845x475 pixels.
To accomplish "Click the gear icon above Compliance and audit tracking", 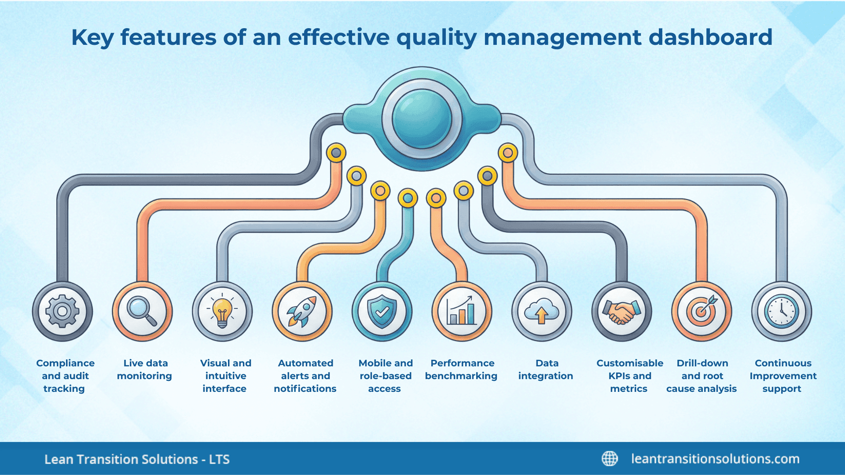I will coord(62,311).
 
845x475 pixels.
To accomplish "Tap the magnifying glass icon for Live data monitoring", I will coord(142,311).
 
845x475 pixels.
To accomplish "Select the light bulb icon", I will coord(222,311).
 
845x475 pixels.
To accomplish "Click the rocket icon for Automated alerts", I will coord(302,311).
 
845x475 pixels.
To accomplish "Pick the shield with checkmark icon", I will coord(382,311).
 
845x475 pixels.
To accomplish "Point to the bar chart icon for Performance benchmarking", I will coord(462,311).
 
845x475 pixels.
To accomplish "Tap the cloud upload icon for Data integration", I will coord(542,311).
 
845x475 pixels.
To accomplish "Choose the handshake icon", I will coord(621,311).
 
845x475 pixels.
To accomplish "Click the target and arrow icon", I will coord(702,311).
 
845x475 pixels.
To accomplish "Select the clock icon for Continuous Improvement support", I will coord(782,311).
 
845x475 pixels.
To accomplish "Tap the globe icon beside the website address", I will coord(610,459).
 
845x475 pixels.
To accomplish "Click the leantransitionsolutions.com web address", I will coord(715,459).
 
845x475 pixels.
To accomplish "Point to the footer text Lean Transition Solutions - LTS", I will coord(137,459).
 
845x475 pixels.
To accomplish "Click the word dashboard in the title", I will coord(710,37).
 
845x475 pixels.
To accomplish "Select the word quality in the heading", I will coord(436,38).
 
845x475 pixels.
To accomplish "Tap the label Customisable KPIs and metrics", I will coord(629,376).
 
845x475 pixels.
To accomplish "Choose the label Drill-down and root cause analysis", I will coord(702,376).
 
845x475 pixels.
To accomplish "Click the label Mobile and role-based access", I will coord(385,376).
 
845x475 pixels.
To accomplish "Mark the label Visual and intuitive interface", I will coord(225,376).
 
